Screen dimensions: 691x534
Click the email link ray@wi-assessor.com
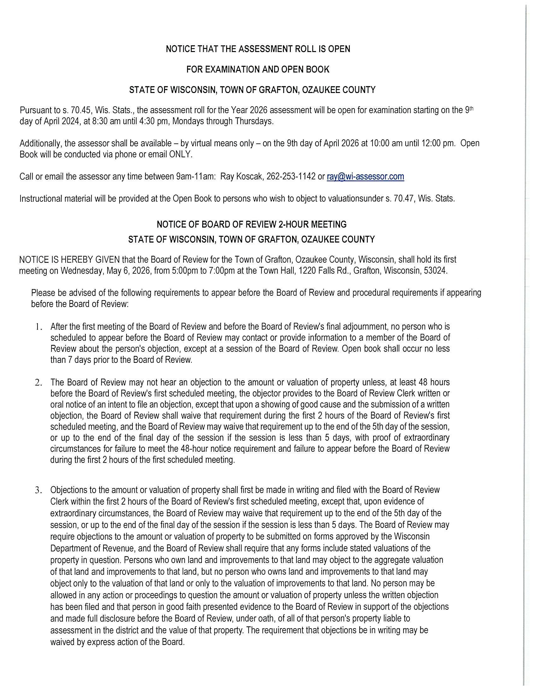coord(365,176)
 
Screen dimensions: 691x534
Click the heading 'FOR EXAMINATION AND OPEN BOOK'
coord(258,69)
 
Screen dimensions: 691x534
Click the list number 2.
coord(38,382)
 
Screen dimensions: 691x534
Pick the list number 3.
coord(38,491)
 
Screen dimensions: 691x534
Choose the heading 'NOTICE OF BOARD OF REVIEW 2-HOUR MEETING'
coord(252,224)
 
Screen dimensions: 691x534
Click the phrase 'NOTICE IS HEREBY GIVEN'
coord(69,260)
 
